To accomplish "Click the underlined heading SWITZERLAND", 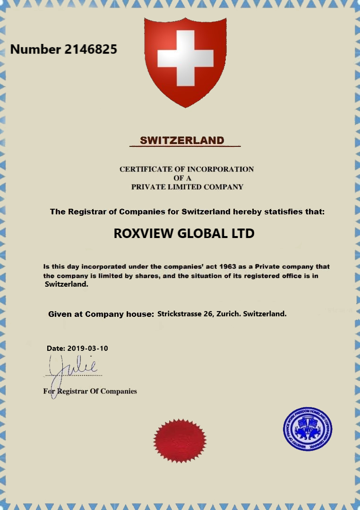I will pyautogui.click(x=182, y=140).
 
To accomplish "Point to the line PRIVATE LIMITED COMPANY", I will pyautogui.click(x=187, y=187).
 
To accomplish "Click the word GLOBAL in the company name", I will pyautogui.click(x=203, y=234).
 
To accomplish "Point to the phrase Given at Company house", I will pyautogui.click(x=101, y=314).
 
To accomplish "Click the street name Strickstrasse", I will pyautogui.click(x=179, y=314).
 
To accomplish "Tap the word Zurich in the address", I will pyautogui.click(x=228, y=314).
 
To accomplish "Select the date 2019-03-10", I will pyautogui.click(x=88, y=348).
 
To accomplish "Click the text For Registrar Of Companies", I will pyautogui.click(x=90, y=391).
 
